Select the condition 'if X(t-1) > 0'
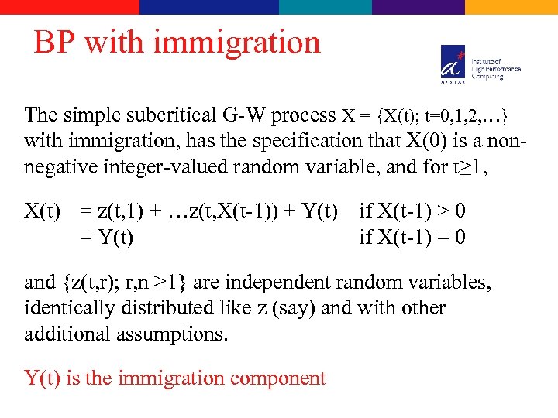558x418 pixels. coord(412,211)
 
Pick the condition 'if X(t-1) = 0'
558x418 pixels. coord(412,236)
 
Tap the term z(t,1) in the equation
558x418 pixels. coord(119,211)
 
